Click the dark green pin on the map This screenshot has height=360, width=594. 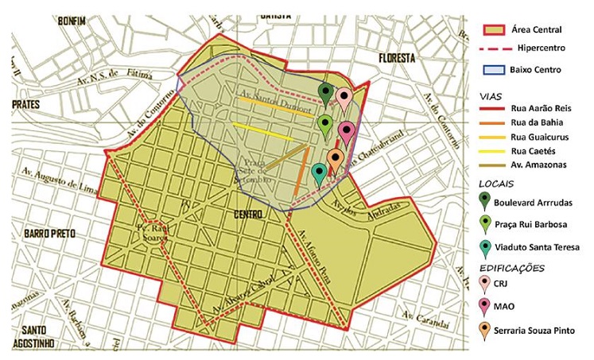point(324,93)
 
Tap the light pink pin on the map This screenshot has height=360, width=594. point(344,98)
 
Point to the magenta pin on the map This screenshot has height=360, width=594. point(345,131)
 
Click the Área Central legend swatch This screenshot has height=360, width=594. point(495,30)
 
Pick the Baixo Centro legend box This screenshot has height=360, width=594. point(495,70)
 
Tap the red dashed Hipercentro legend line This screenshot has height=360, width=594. point(495,49)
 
